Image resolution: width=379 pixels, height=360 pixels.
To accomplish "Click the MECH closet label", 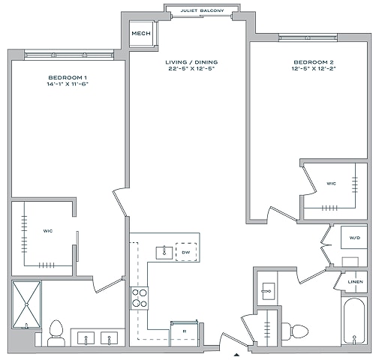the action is tap(141, 33).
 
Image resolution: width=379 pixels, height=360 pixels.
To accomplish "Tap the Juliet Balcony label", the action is tap(202, 10).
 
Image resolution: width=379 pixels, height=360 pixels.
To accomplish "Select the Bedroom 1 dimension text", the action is tap(68, 84).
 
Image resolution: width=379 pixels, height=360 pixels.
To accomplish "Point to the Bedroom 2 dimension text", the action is tap(314, 68).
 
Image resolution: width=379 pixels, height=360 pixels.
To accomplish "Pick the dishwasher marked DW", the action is tap(186, 252).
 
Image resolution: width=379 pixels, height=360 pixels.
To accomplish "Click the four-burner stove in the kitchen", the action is tap(140, 298).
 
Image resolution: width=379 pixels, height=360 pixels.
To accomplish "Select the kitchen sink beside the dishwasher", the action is tap(164, 253).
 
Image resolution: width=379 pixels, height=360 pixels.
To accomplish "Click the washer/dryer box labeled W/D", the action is tap(354, 238).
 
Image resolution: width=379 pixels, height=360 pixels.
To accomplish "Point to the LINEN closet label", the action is tap(355, 282).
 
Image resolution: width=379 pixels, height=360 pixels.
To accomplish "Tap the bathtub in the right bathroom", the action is tap(354, 320).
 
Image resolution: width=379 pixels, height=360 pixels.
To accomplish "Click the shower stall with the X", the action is tap(26, 304).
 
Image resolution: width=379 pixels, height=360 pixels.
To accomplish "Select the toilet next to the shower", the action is tap(56, 333).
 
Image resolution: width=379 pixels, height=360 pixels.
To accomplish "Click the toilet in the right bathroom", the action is tap(295, 331).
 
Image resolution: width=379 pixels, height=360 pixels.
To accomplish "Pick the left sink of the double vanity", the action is tap(86, 337).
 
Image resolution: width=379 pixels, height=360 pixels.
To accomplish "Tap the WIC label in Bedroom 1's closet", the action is tap(48, 231).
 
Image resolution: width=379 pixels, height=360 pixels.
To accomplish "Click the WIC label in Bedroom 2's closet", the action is tap(331, 184).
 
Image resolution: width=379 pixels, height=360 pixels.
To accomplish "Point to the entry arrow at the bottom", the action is tap(236, 355).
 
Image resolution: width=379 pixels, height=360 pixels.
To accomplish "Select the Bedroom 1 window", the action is tap(69, 55).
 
